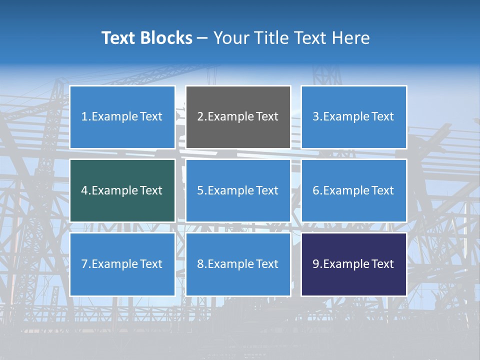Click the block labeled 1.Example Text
(x=122, y=117)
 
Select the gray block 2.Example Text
(x=238, y=117)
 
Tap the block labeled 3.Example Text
(x=353, y=117)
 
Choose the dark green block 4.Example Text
(x=122, y=190)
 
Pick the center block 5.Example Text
(x=238, y=190)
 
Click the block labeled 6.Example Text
(x=353, y=190)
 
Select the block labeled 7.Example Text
(x=122, y=264)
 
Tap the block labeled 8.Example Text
(x=238, y=264)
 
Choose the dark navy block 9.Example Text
(x=353, y=264)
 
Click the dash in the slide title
(x=202, y=38)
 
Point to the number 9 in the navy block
(x=315, y=264)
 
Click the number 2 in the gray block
(x=200, y=117)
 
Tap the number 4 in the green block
(x=84, y=190)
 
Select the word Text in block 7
(x=151, y=264)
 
